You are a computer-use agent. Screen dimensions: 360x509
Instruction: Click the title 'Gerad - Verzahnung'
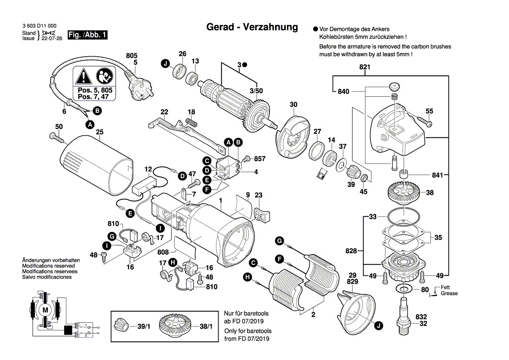click(x=252, y=27)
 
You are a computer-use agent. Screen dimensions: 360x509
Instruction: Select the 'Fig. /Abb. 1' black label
click(x=88, y=35)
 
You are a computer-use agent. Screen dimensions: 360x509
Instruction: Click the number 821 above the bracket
click(x=364, y=67)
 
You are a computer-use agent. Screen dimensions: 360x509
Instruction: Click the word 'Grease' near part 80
click(x=449, y=294)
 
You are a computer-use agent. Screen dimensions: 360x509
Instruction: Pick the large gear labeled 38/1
click(x=176, y=326)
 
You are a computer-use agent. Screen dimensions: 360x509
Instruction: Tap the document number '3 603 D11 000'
click(x=39, y=27)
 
